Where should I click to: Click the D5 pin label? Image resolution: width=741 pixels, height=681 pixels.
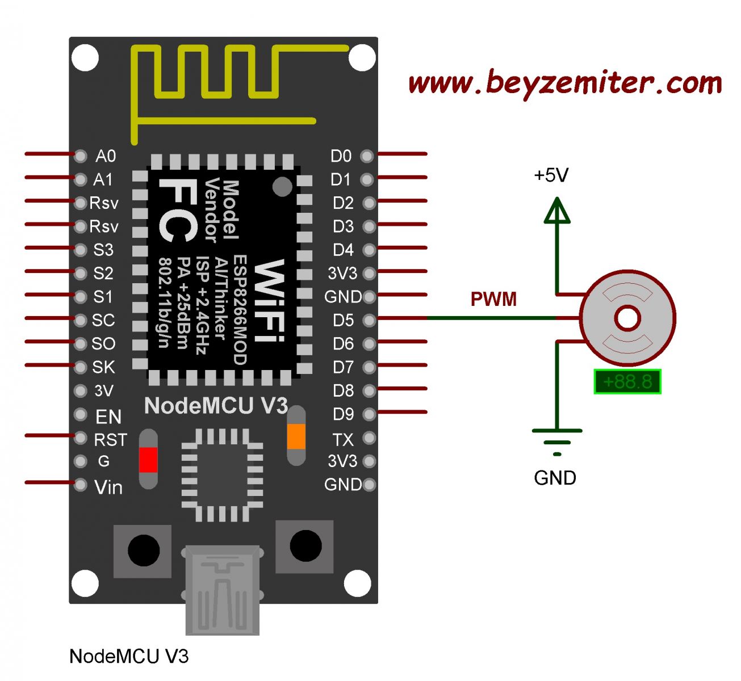343,320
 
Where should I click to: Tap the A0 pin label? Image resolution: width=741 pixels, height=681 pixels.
105,156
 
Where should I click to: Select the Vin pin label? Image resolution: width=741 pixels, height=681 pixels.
108,487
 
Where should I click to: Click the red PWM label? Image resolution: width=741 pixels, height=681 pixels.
493,299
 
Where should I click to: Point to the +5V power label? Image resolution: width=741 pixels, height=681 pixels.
551,175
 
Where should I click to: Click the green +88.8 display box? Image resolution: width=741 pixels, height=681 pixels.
627,381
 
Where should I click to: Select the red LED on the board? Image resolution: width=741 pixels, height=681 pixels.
148,460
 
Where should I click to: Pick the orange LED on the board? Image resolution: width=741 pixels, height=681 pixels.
296,436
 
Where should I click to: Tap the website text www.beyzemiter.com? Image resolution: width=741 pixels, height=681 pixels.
564,83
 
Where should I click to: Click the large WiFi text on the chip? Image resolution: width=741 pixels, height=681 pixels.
269,301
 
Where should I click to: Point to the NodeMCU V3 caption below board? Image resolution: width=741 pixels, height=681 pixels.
129,657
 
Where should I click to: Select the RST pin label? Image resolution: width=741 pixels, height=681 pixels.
110,440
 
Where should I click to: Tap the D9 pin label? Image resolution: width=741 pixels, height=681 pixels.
343,414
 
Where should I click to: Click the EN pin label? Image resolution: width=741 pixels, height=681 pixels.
108,417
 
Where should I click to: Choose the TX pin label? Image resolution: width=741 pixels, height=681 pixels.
343,439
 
